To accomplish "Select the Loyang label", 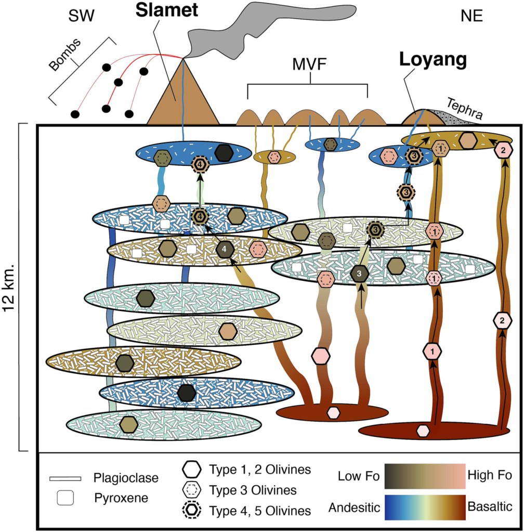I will click(x=432, y=60).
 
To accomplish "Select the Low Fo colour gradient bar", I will click(x=424, y=475).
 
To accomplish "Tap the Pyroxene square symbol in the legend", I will click(x=65, y=498).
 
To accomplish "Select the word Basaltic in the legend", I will click(x=490, y=506).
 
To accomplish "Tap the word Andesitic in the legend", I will click(x=353, y=506).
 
